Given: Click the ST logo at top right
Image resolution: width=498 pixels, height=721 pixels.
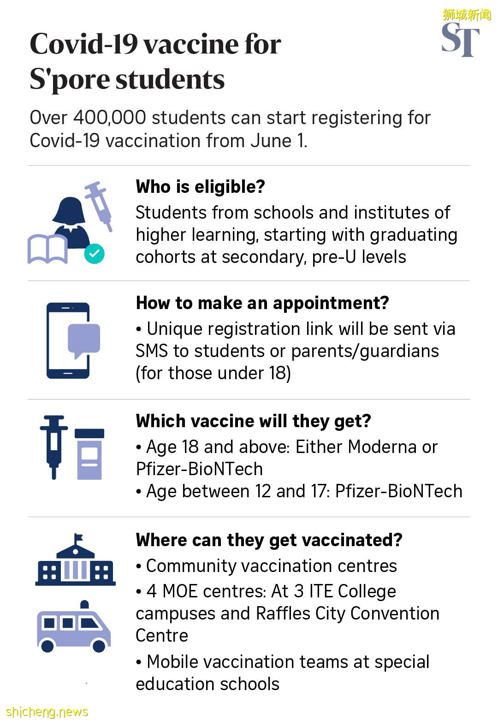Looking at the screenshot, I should [x=460, y=40].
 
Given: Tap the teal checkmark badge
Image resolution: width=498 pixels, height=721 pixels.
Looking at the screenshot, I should [x=94, y=253].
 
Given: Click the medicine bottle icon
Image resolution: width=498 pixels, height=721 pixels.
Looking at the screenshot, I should [x=89, y=454].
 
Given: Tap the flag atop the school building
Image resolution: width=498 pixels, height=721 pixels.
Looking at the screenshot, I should [x=78, y=537].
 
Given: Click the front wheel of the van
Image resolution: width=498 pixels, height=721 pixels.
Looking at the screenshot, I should [x=99, y=645].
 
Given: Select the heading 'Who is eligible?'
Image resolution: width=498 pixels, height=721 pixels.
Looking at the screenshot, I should [x=200, y=187].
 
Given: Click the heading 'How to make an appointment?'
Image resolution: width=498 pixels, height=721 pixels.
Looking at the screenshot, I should [x=262, y=303].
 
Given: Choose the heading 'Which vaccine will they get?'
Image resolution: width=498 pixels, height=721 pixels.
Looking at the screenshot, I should [x=253, y=421].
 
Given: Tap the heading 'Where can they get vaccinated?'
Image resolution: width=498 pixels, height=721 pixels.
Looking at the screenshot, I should [x=269, y=540].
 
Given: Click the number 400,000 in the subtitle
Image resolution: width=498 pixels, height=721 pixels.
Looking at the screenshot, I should [x=109, y=118].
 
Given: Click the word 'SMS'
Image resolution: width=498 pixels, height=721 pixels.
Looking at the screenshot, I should [x=152, y=351].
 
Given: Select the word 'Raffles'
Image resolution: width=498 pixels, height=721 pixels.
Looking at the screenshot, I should [x=283, y=614].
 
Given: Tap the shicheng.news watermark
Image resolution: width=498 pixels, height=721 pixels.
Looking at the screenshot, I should [x=47, y=712].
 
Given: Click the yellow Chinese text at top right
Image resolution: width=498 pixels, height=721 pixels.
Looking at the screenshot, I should [x=467, y=14].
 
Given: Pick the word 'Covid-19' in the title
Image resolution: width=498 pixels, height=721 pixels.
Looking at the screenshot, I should [x=83, y=44].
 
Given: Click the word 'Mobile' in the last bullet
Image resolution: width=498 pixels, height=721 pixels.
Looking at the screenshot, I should [x=173, y=662].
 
